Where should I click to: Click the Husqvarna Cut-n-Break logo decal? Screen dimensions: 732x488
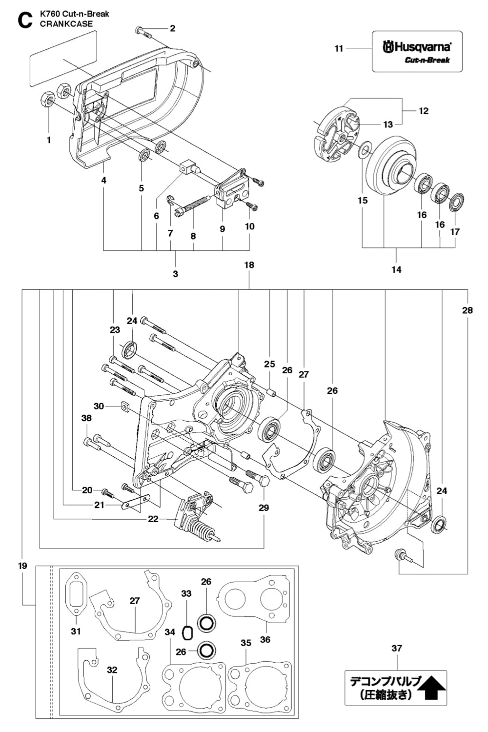(x=417, y=51)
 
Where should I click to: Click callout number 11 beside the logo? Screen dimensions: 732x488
(x=339, y=48)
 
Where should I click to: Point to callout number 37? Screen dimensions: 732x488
(x=397, y=648)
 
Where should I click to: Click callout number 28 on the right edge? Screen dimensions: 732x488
(x=467, y=310)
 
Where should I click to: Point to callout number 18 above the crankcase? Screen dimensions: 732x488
(x=249, y=265)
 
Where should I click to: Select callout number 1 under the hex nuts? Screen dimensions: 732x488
(x=49, y=140)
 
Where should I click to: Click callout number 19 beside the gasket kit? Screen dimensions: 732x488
(x=23, y=566)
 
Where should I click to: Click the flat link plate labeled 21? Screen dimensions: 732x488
(x=134, y=503)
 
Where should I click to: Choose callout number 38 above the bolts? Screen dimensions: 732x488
(x=86, y=418)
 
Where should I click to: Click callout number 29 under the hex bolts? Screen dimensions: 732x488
(x=264, y=508)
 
